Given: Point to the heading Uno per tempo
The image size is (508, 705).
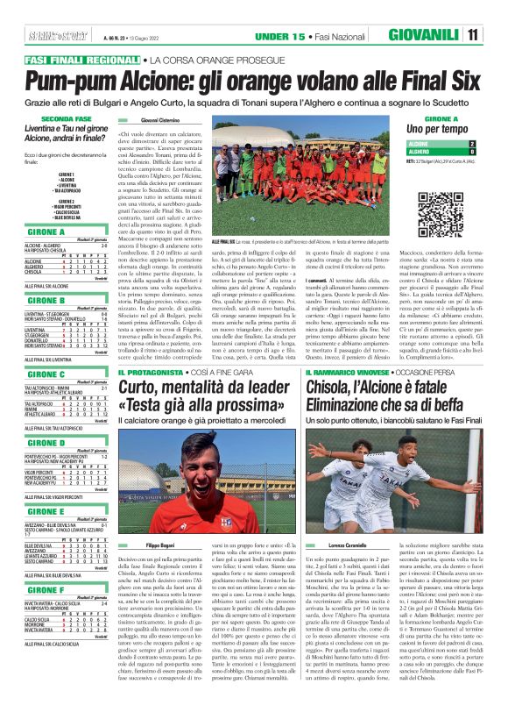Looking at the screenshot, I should pos(440,128).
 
